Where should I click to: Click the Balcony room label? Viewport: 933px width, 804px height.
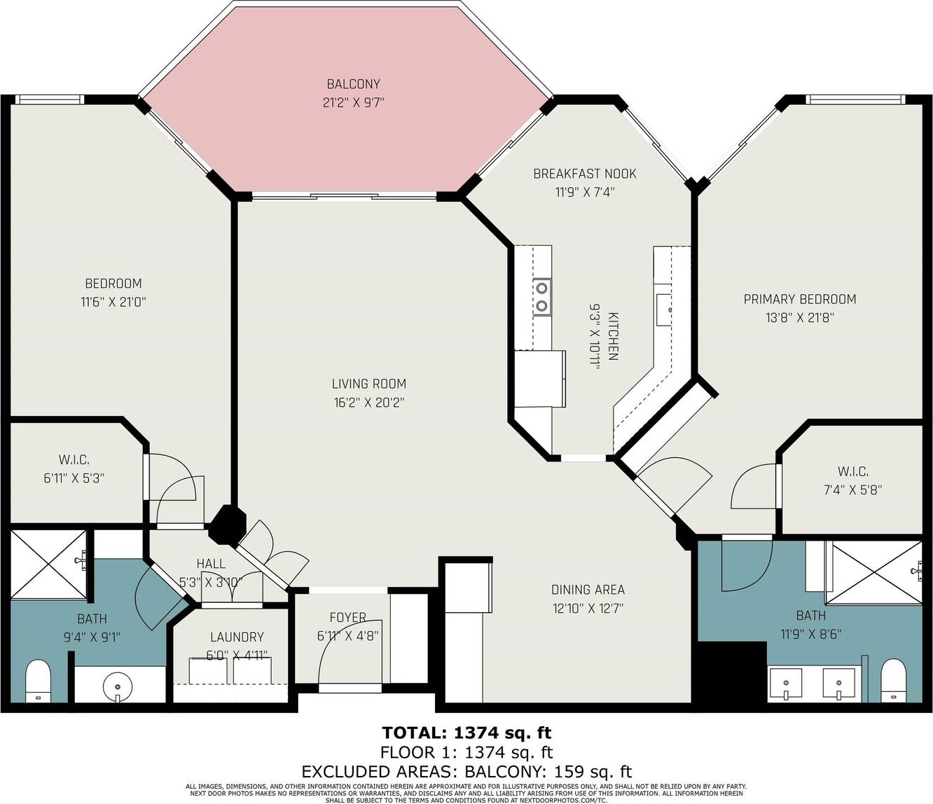click(353, 84)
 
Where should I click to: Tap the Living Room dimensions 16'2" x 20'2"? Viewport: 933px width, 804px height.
click(369, 403)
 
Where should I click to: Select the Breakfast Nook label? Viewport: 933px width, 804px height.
click(585, 174)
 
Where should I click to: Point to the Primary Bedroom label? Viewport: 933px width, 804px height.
click(799, 299)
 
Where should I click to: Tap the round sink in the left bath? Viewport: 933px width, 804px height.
click(116, 683)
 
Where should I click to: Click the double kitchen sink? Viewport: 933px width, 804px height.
click(541, 296)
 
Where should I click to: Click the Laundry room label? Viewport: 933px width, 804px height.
click(237, 637)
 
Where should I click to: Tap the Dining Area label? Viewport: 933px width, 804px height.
click(588, 590)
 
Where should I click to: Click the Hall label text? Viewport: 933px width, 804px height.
click(211, 564)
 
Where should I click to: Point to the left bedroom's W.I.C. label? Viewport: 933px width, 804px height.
click(74, 460)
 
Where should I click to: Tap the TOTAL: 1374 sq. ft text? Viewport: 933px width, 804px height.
click(466, 733)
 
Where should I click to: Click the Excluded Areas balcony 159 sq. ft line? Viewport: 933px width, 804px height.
click(466, 772)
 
